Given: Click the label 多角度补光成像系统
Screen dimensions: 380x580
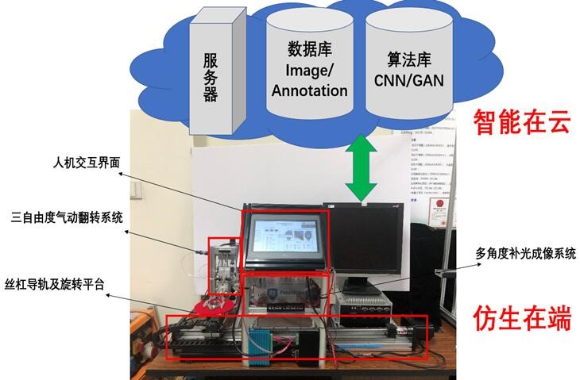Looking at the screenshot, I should click(x=524, y=254).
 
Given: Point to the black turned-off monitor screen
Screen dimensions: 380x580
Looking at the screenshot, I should click(x=372, y=242).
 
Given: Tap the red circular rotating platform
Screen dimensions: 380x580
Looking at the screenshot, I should click(x=213, y=306).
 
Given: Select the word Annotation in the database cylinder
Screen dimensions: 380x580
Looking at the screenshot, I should click(x=310, y=90).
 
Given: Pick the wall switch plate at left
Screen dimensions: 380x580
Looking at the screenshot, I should click(x=137, y=191).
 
